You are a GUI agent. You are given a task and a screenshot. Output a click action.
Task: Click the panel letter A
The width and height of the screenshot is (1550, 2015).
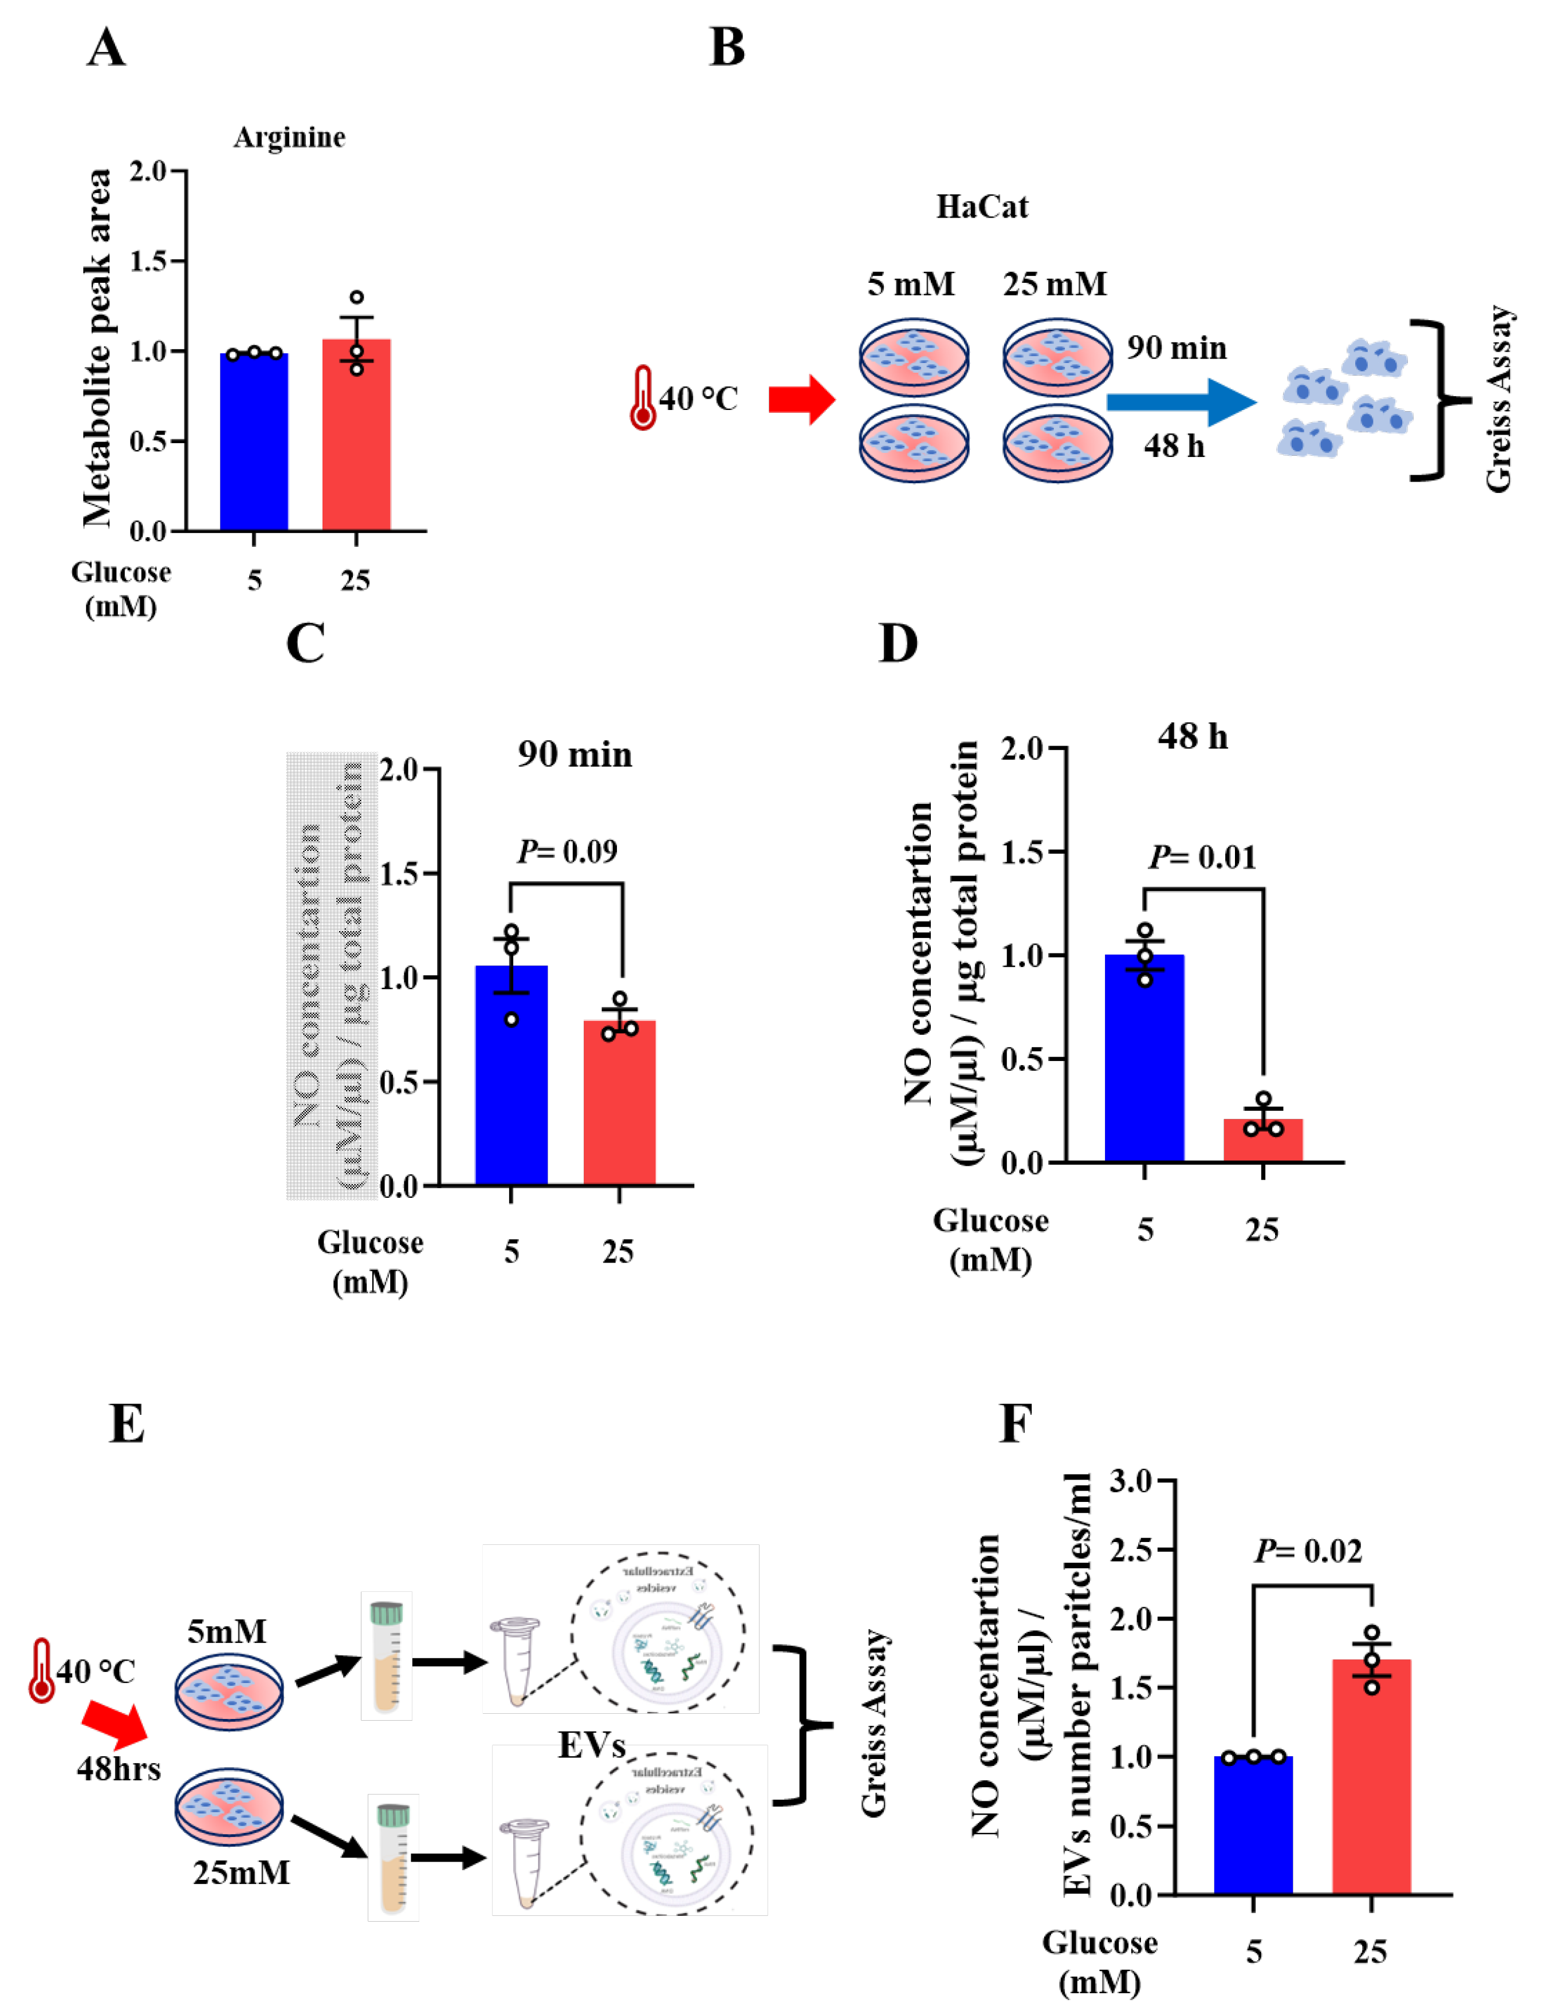coord(106,48)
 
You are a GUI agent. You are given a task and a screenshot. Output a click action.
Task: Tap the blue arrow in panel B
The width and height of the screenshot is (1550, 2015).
coord(1181,401)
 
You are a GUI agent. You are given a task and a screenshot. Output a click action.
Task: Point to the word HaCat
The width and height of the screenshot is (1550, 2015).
coord(982,207)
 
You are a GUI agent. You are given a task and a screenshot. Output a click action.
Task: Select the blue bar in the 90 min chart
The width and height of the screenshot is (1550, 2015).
coord(511,1079)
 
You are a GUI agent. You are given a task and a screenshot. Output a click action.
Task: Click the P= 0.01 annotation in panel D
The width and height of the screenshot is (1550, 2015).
coord(1202,858)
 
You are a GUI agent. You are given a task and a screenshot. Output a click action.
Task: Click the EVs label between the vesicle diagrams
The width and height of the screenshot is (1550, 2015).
coord(591,1744)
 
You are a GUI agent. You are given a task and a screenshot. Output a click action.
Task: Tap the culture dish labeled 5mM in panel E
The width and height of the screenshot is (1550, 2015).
coord(229,1691)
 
